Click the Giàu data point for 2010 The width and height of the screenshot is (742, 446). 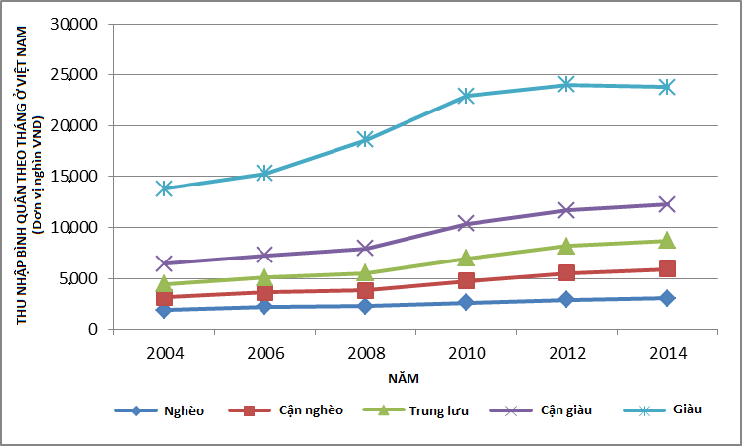pos(466,96)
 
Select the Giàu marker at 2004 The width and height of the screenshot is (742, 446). pos(164,187)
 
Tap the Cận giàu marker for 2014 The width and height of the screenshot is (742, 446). pos(667,204)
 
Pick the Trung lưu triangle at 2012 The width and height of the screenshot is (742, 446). pos(566,246)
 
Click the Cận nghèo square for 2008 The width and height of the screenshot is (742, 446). pos(365,290)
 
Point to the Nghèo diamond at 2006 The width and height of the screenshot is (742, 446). pos(264,307)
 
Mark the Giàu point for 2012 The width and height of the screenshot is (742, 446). pos(566,85)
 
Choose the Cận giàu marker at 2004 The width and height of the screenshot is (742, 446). pos(164,263)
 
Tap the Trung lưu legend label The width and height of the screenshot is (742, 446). pos(441,410)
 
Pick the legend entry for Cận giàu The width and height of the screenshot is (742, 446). pos(566,410)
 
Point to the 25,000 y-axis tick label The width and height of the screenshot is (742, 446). pos(78,75)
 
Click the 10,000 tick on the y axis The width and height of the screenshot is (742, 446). pos(78,227)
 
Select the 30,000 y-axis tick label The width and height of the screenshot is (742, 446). pos(78,24)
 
